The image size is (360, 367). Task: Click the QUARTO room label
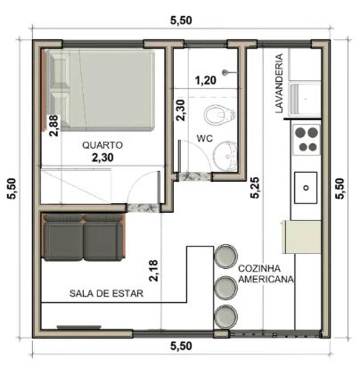[x=102, y=145]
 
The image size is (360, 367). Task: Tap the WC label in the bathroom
[x=205, y=138]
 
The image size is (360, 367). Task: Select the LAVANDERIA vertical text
[x=279, y=84]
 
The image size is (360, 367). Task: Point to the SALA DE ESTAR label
[x=106, y=293]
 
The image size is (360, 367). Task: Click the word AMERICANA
[x=266, y=280]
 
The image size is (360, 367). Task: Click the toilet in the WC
[x=220, y=115]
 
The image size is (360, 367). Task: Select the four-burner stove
[x=307, y=139]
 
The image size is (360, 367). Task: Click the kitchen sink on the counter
[x=306, y=187]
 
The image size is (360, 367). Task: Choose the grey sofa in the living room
[x=84, y=237]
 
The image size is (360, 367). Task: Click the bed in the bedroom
[x=101, y=90]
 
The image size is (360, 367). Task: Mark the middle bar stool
[x=226, y=287]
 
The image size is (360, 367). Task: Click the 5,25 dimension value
[x=256, y=187]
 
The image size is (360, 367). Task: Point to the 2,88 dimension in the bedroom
[x=53, y=126]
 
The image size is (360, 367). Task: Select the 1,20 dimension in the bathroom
[x=206, y=80]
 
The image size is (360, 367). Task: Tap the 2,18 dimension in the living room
[x=153, y=271]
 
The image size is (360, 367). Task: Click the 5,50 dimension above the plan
[x=181, y=20]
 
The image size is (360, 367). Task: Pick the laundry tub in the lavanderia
[x=305, y=99]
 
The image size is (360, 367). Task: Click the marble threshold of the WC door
[x=195, y=176]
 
